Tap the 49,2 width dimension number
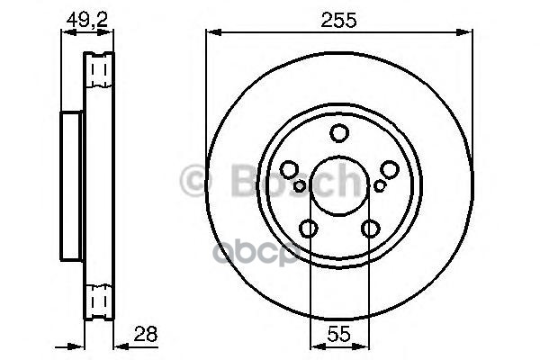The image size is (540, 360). (x=86, y=17)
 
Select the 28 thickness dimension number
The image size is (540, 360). (x=145, y=334)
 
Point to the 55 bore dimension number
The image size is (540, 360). (x=339, y=335)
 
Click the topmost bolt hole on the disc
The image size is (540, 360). (x=339, y=134)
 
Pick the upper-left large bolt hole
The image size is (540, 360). (x=289, y=169)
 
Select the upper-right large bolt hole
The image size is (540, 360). (x=390, y=169)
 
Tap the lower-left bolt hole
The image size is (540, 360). (x=309, y=229)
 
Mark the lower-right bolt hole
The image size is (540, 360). (x=371, y=229)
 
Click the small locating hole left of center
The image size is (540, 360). (x=300, y=186)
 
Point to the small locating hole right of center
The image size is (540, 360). (x=380, y=186)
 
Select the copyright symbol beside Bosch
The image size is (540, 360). (x=195, y=183)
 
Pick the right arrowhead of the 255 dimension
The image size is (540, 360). (x=468, y=33)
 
